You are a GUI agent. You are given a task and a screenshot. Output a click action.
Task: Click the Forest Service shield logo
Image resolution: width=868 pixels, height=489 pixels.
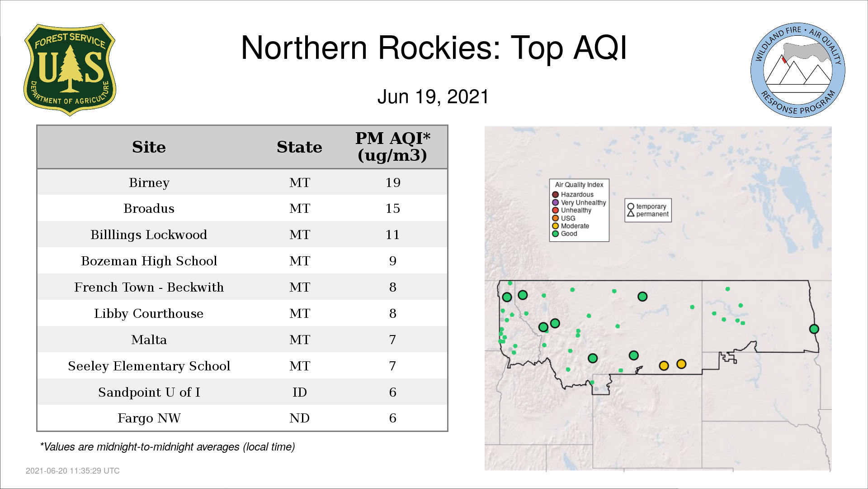[70, 70]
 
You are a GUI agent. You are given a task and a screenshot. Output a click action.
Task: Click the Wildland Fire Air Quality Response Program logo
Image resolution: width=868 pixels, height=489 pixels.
[798, 70]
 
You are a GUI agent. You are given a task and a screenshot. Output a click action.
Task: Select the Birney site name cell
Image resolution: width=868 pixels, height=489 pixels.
[149, 182]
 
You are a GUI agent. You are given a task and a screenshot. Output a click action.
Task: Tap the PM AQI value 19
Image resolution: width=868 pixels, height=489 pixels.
[393, 182]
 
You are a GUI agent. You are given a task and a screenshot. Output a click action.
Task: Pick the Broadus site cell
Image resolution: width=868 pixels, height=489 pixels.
[149, 208]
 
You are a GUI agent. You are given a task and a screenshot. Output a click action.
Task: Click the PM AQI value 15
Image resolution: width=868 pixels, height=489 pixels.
[393, 208]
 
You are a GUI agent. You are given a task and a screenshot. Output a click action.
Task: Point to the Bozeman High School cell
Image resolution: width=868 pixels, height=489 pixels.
[149, 261]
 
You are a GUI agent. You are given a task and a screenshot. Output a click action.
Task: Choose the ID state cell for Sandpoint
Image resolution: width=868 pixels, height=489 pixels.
[300, 392]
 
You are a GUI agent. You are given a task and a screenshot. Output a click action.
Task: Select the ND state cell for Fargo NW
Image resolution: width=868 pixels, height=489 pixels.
[300, 418]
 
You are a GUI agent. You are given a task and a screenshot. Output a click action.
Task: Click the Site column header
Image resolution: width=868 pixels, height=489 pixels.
[149, 147]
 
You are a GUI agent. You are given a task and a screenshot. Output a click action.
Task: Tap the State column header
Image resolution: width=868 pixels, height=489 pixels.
[300, 147]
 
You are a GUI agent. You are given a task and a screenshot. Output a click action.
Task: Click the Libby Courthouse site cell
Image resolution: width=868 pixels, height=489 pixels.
[149, 313]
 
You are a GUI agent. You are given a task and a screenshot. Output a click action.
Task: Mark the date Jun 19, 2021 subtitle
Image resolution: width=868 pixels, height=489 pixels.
[433, 97]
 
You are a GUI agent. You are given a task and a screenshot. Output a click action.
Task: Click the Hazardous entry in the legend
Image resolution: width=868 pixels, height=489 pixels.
[573, 195]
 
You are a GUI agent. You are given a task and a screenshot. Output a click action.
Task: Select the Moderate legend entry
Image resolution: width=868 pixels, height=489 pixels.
[571, 226]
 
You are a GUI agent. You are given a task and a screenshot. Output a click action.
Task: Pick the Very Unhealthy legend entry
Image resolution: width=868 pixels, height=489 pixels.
[579, 202]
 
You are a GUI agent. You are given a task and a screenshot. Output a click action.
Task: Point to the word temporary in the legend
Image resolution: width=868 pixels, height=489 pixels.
[651, 206]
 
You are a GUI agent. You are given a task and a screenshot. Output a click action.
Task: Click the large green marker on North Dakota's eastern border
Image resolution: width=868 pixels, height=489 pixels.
[814, 329]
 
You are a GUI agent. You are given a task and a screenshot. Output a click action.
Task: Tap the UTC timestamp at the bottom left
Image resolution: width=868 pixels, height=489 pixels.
[73, 471]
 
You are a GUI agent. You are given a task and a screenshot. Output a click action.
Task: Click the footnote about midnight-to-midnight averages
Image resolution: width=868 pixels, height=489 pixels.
[167, 447]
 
